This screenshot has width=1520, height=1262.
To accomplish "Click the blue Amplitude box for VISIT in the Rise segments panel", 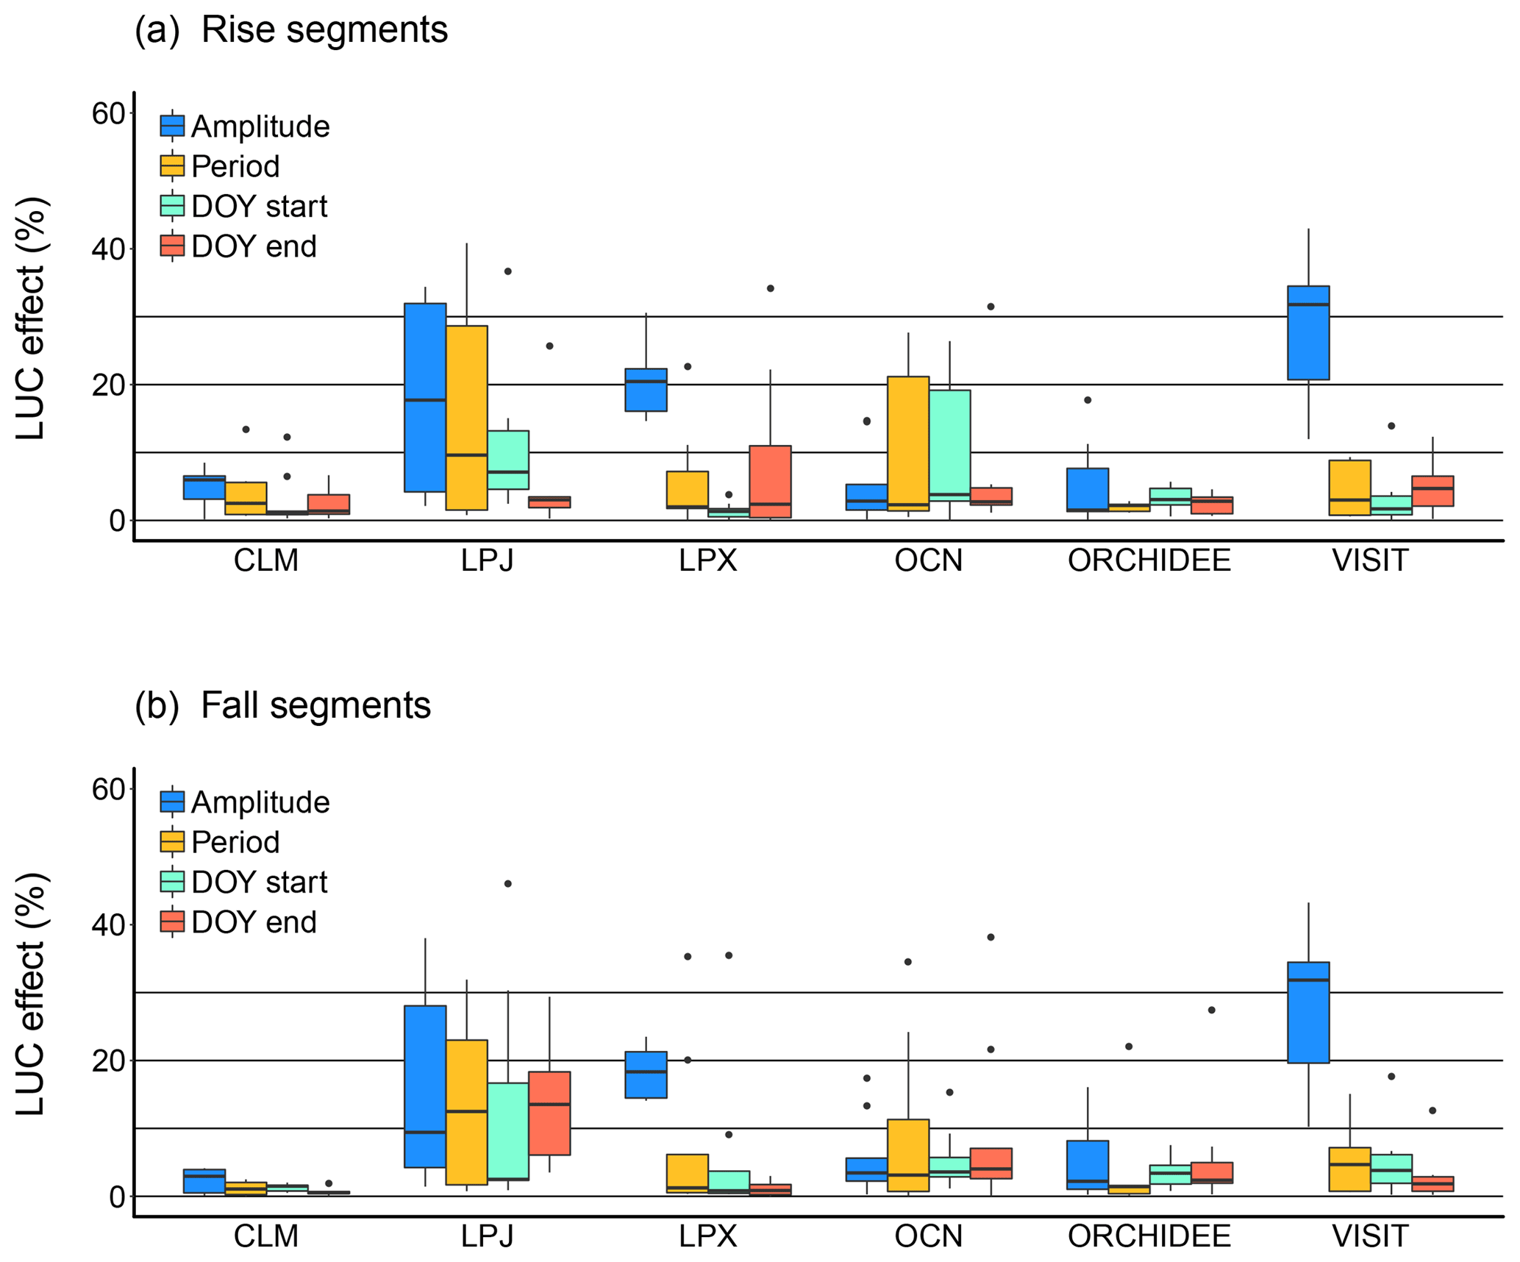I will pos(1307,332).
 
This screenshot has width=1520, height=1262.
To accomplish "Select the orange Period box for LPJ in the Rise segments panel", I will pos(466,417).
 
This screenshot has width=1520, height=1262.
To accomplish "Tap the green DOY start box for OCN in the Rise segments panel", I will pos(949,445).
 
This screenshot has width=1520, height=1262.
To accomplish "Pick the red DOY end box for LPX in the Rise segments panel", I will pos(770,481).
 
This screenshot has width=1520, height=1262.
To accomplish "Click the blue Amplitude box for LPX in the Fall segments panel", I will pos(646,1074).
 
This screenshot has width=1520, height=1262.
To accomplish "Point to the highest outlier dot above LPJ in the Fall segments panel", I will pos(507,883).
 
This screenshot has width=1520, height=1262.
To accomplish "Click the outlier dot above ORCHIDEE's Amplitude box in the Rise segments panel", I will pos(1088,400).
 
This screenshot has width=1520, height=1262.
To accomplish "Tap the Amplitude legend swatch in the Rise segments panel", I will pos(172,126).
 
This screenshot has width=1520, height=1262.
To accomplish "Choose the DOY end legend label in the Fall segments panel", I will pos(254,922).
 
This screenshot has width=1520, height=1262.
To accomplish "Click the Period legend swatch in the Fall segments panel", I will pos(172,841).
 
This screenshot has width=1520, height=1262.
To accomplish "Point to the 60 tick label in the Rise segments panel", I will pos(108,113).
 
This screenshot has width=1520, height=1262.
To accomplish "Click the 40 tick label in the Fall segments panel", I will pos(108,924).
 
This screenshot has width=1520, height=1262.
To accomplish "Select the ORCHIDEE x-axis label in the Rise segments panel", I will pos(1149,561).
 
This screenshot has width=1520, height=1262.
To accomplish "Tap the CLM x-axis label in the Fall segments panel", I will pos(265,1236).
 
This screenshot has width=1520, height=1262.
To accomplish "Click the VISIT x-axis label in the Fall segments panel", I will pos(1369,1236).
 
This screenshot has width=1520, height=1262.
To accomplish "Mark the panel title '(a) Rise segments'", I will pos(291,30).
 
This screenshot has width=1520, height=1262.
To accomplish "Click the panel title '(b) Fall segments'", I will pos(282,705).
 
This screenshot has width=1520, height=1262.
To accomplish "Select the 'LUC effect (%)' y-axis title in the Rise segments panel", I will pos(31,318).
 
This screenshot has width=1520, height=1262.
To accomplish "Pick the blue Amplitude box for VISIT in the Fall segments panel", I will pos(1307,1012).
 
